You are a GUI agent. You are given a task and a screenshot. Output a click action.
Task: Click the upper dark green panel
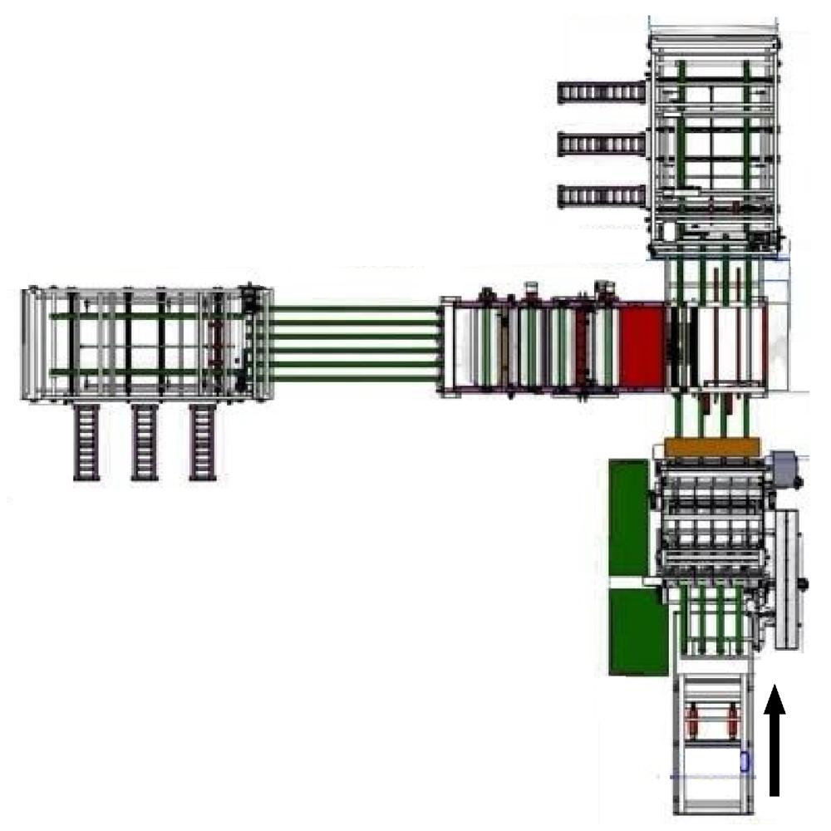628,516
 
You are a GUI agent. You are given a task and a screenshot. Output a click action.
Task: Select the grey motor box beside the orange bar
782,466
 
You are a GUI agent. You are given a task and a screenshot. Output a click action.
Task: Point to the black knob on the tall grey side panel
804,584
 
